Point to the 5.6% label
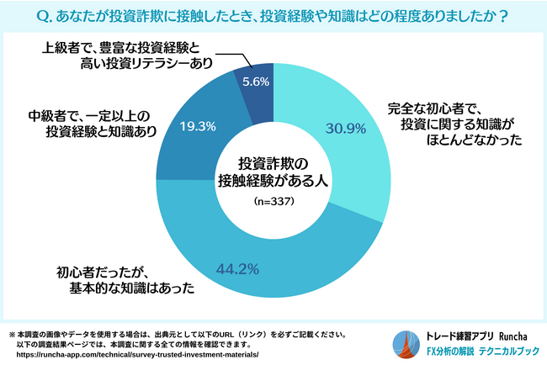[255, 82]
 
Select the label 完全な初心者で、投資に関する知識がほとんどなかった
[454, 125]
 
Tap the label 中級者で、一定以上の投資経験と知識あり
[83, 122]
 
